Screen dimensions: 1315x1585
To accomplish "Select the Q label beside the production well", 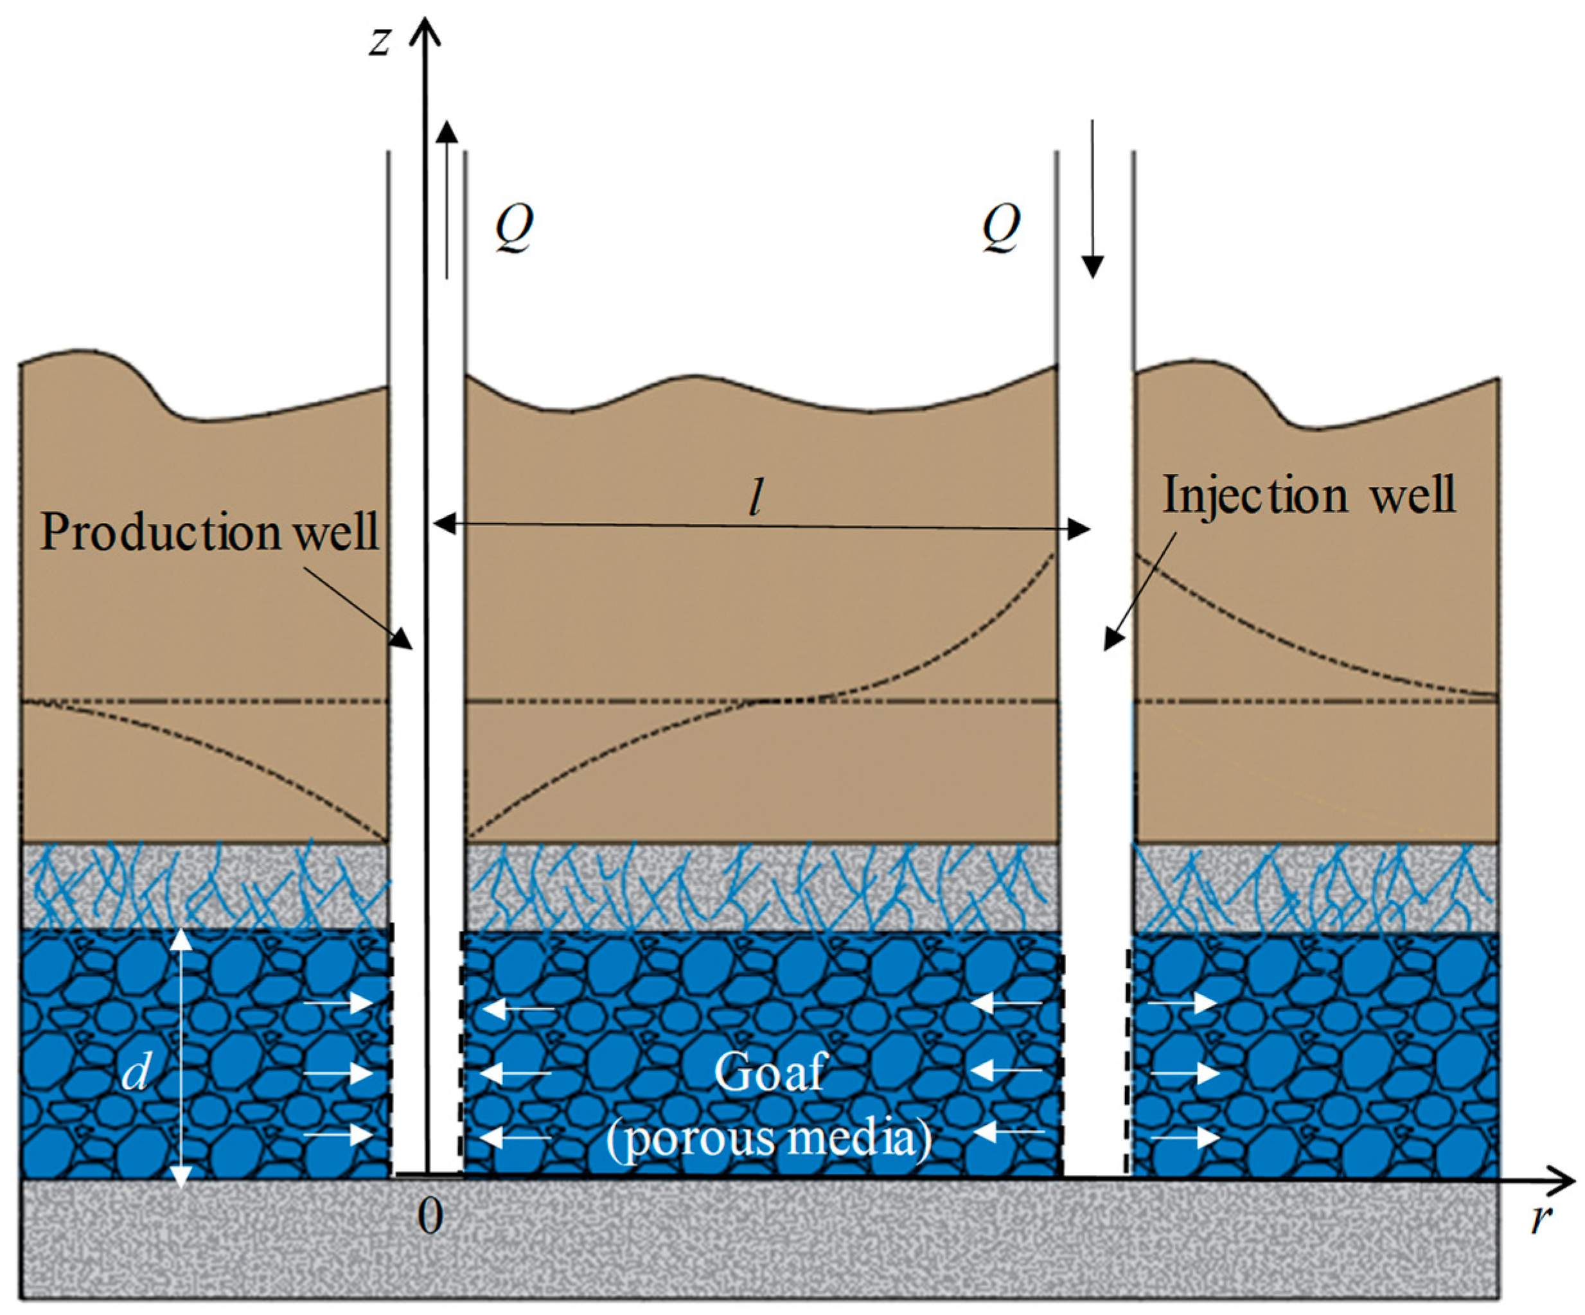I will pos(514,228).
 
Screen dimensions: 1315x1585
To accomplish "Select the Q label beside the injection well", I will pos(1001,228).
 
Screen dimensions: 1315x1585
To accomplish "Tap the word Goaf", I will pos(770,1072).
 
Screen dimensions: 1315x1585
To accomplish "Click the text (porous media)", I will pos(770,1138).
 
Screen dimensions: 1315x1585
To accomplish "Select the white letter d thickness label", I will pos(136,1072).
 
